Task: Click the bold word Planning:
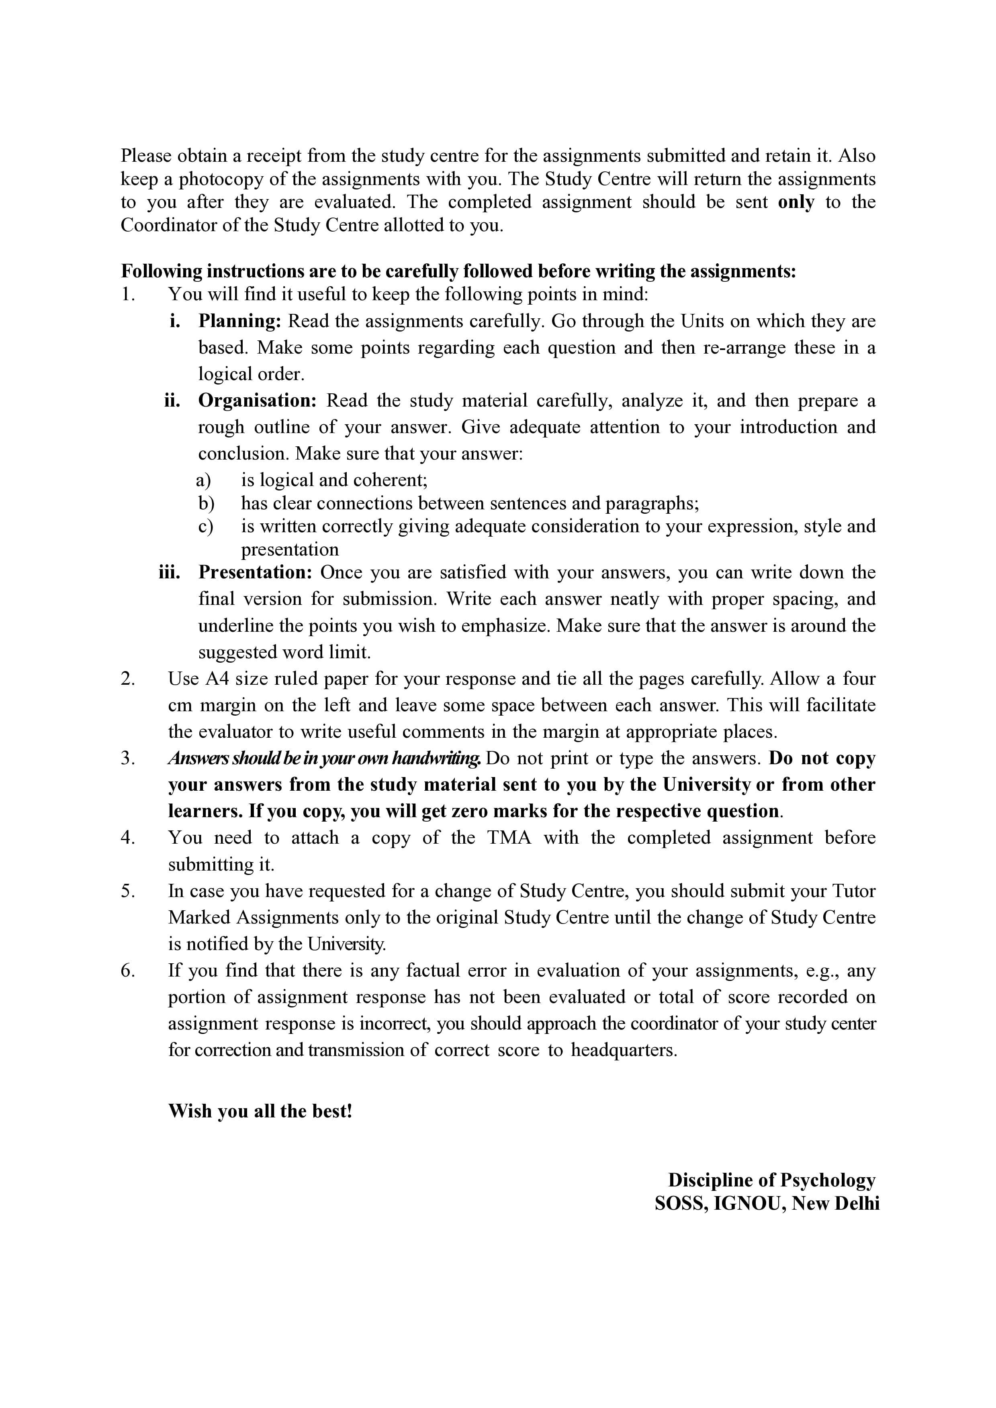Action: (239, 321)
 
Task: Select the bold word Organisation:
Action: (257, 401)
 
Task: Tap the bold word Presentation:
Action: (255, 572)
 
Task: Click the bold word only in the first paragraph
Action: (796, 202)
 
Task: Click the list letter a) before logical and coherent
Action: (205, 480)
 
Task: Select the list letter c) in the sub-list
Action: (205, 526)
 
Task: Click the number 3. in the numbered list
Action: (128, 759)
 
